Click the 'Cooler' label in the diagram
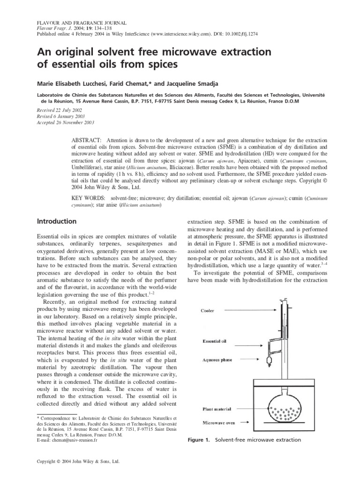pyautogui.click(x=209, y=310)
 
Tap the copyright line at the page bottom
pyautogui.click(x=79, y=461)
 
